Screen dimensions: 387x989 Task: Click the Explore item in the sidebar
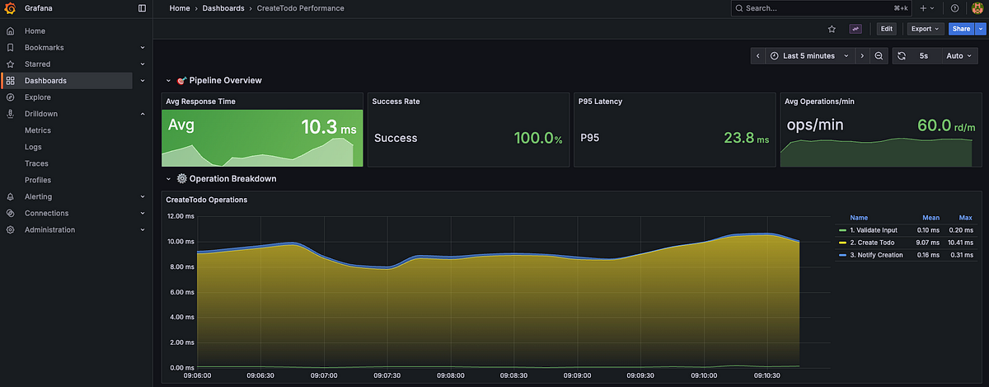click(37, 97)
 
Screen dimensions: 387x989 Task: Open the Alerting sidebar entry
click(38, 196)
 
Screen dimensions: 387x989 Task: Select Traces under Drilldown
click(37, 163)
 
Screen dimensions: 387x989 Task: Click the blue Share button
click(960, 29)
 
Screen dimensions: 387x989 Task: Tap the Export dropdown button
click(924, 29)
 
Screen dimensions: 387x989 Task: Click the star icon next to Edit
click(832, 29)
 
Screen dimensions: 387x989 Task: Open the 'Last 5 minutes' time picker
click(808, 56)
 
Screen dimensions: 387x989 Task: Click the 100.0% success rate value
click(537, 138)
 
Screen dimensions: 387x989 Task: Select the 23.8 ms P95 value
click(745, 138)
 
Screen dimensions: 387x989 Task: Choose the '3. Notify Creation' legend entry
click(876, 255)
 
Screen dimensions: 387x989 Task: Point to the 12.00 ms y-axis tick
click(180, 216)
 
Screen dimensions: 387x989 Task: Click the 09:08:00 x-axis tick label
click(451, 375)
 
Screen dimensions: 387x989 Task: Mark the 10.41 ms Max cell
click(960, 243)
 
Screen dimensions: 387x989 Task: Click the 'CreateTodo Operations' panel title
click(207, 200)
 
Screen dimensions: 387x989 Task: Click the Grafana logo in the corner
click(10, 8)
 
